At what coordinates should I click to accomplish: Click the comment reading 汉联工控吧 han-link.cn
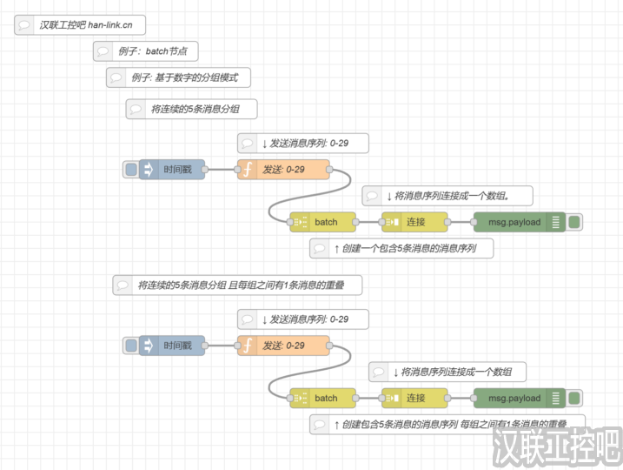point(81,24)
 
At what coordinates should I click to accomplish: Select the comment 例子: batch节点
point(145,51)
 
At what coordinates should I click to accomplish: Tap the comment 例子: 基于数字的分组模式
point(178,77)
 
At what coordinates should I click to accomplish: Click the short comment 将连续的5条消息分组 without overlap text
point(191,109)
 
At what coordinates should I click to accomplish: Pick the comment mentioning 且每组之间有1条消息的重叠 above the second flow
point(236,285)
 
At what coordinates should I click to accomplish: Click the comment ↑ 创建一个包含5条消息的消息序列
point(401,249)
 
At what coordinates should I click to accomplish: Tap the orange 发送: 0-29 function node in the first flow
point(283,169)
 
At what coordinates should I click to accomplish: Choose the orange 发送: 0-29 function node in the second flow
point(283,346)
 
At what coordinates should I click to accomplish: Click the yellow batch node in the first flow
point(323,222)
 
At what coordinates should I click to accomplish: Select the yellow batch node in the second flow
point(323,398)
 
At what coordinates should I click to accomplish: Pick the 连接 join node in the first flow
point(414,222)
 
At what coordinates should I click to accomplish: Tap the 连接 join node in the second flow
point(414,398)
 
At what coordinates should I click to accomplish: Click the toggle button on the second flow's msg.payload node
point(574,398)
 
